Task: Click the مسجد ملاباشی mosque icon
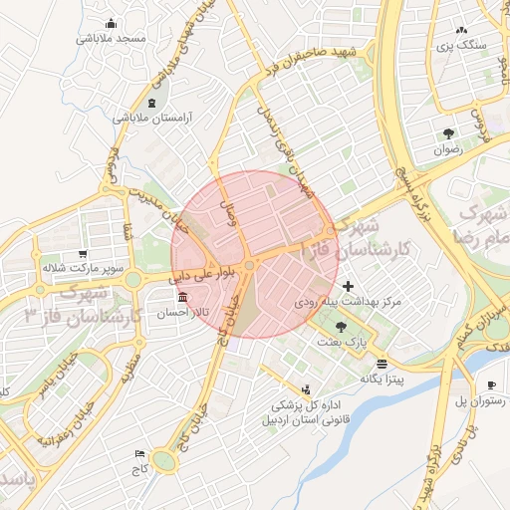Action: click(x=110, y=23)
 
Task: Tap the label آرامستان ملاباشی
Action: click(x=151, y=118)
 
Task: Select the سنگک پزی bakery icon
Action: click(x=462, y=30)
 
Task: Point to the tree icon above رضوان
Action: click(x=449, y=133)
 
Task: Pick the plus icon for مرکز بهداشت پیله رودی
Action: click(x=347, y=286)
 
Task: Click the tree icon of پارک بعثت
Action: click(x=343, y=326)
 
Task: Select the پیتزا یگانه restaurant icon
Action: click(x=382, y=364)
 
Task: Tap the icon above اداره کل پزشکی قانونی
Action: click(x=306, y=389)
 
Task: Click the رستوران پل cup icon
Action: click(x=491, y=385)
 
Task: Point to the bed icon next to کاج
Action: click(x=139, y=453)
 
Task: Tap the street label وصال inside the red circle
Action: click(x=237, y=212)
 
